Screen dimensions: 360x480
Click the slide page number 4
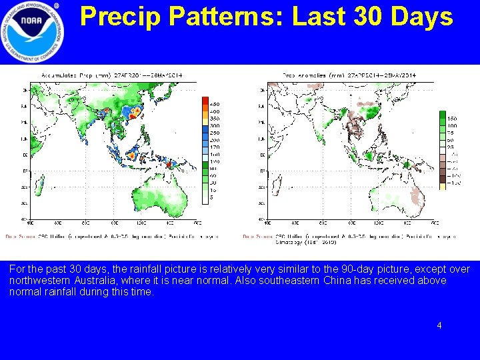(439, 325)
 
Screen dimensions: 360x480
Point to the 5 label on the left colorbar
(213, 197)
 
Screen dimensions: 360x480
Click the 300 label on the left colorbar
(215, 125)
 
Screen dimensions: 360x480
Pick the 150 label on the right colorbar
(452, 119)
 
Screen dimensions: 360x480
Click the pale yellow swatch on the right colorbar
(442, 186)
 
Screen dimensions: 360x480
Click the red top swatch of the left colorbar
(205, 101)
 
